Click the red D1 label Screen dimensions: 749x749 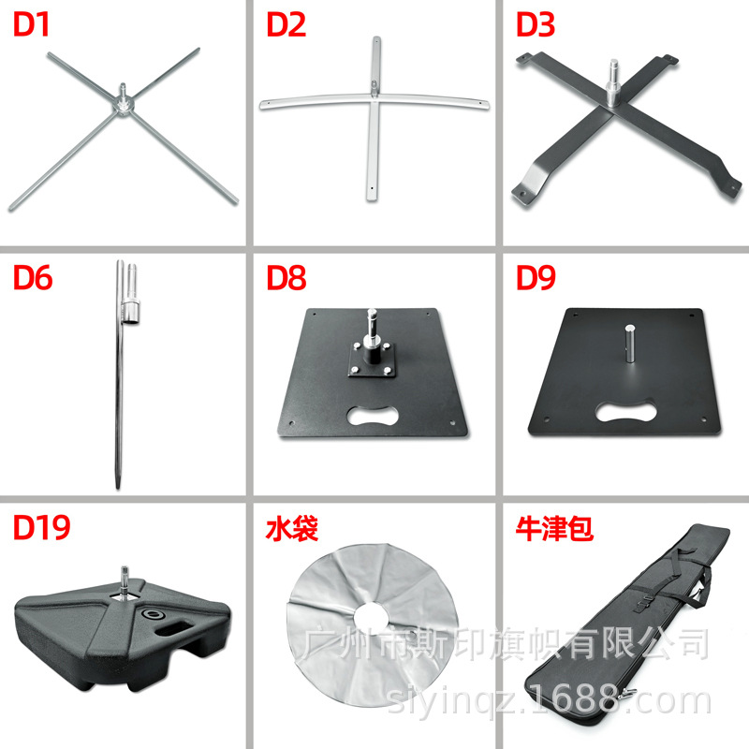coord(32,25)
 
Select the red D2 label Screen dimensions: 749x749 coord(286,25)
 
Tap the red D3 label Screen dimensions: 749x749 coord(536,25)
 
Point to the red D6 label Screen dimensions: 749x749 coord(33,278)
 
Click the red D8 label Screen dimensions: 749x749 coord(286,278)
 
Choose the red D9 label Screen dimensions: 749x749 coord(536,278)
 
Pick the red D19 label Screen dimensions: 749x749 coord(41,529)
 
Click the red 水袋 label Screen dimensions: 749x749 coord(292,529)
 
